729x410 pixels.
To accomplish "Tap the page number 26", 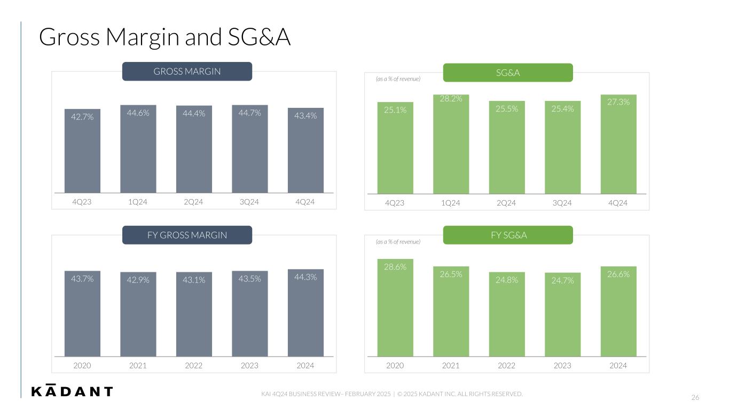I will coord(695,397).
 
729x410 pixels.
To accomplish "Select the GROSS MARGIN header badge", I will coord(187,72).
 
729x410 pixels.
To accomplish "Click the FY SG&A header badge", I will coord(507,235).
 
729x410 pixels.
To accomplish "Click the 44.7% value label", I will coord(249,113).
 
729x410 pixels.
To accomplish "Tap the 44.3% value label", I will coord(305,277).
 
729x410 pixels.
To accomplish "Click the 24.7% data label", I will coord(562,280).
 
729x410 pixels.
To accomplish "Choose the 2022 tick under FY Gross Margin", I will coord(193,366).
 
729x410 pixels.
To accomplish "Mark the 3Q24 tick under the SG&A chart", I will coord(562,203).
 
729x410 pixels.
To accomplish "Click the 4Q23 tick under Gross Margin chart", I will coord(82,202).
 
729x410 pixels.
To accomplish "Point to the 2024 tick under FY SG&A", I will coord(618,366).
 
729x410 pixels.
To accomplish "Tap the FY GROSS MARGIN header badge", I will coord(187,235).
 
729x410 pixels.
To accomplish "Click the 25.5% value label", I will coord(506,109).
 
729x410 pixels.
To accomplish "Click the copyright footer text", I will coord(391,394).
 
